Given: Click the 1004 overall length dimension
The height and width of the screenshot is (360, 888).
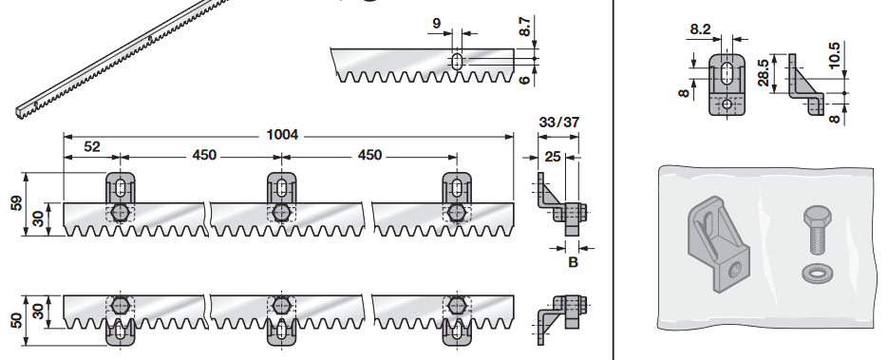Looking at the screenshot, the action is pos(282,135).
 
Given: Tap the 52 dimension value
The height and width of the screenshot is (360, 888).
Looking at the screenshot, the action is pos(92,146).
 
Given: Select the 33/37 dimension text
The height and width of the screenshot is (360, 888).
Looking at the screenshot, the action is pos(559,122).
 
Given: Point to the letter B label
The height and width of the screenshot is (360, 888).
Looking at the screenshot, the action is pos(573,263).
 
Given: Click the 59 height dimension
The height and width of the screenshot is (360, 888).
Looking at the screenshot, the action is pos(16,203).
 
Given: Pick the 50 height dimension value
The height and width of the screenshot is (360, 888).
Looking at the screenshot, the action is pos(16,320).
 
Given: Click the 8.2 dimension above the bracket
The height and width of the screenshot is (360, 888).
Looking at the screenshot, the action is pos(700,29).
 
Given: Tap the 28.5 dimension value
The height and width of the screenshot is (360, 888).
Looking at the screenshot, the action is pos(764,73).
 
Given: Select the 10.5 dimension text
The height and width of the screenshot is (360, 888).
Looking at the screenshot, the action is pos(834,55).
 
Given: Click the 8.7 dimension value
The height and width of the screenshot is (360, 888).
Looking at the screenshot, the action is pos(525,27).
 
